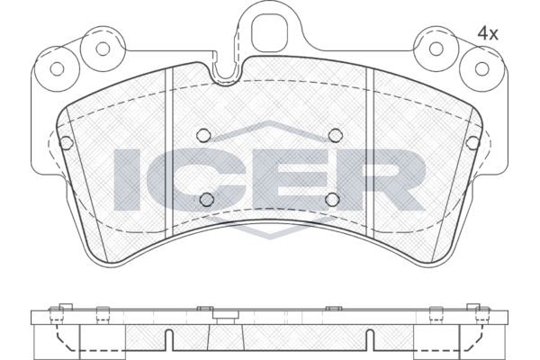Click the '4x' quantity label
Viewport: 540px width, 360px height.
click(x=487, y=32)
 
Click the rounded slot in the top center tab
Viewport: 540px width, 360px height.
click(x=268, y=31)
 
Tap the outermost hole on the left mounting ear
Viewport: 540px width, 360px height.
click(x=59, y=67)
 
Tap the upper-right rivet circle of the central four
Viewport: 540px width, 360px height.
click(x=335, y=135)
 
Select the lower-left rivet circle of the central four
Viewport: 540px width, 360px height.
click(x=205, y=199)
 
